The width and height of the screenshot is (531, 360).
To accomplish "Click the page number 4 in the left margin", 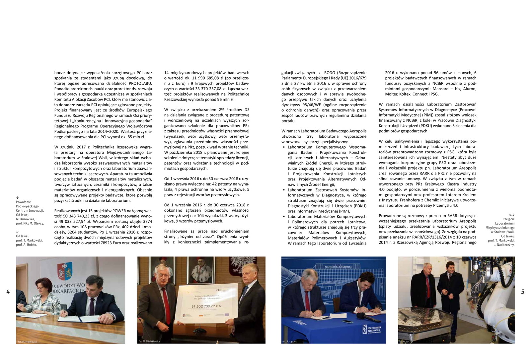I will coord(8,292).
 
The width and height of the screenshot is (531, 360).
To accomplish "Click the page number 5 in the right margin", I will coord(523,292).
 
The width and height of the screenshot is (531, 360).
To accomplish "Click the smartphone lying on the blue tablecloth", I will coord(347,322).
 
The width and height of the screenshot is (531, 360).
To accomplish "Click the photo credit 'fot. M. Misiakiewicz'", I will coord(149,341).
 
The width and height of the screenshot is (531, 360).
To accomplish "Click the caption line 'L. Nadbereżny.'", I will coord(504,245).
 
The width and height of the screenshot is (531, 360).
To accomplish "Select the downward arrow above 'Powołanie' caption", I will coord(17,197).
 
